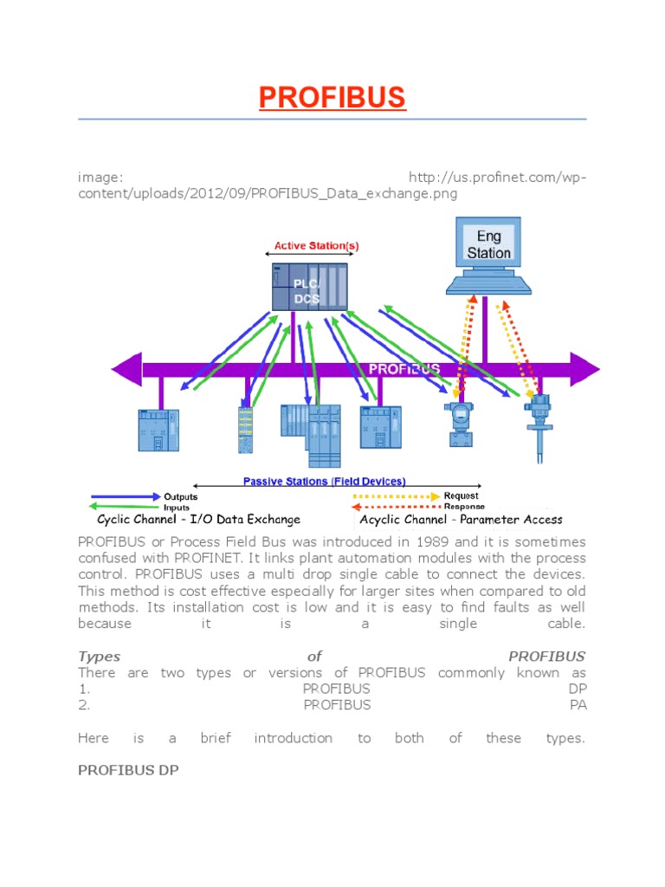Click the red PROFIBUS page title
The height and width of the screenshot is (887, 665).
[332, 98]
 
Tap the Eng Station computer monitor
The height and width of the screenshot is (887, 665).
[488, 245]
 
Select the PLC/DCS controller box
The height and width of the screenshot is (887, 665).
[309, 287]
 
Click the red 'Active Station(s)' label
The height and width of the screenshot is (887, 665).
[316, 246]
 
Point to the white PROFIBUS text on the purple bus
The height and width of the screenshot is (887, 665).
[404, 369]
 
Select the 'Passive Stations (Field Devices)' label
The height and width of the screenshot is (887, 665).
[324, 482]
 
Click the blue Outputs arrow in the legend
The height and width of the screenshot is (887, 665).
[126, 496]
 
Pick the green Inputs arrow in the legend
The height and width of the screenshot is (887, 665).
[126, 508]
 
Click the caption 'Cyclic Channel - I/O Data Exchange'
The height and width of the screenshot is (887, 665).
[199, 520]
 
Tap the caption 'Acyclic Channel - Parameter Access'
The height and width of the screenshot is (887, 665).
[461, 520]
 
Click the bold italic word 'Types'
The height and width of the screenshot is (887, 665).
[100, 656]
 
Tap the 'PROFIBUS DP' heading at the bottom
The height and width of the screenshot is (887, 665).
[128, 769]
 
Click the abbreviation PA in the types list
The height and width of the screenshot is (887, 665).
[578, 705]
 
